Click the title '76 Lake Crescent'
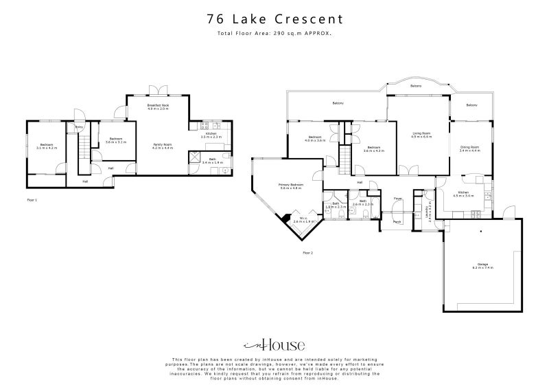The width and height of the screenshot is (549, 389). click(x=274, y=20)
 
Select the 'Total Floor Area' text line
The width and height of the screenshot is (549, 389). click(x=274, y=33)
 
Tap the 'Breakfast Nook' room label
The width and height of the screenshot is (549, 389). click(x=158, y=105)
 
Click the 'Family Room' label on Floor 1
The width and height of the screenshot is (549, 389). click(x=161, y=145)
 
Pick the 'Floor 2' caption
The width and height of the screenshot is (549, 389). click(x=307, y=253)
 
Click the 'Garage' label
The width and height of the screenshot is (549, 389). click(x=482, y=265)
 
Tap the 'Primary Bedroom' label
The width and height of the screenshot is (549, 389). click(x=291, y=186)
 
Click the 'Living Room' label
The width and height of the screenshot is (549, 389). click(x=421, y=133)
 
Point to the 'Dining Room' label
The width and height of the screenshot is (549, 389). click(x=469, y=147)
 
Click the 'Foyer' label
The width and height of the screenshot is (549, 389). click(x=397, y=199)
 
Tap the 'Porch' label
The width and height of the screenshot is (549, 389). click(x=397, y=221)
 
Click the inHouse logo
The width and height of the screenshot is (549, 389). click(x=274, y=345)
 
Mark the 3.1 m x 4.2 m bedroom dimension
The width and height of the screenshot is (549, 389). click(x=47, y=148)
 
